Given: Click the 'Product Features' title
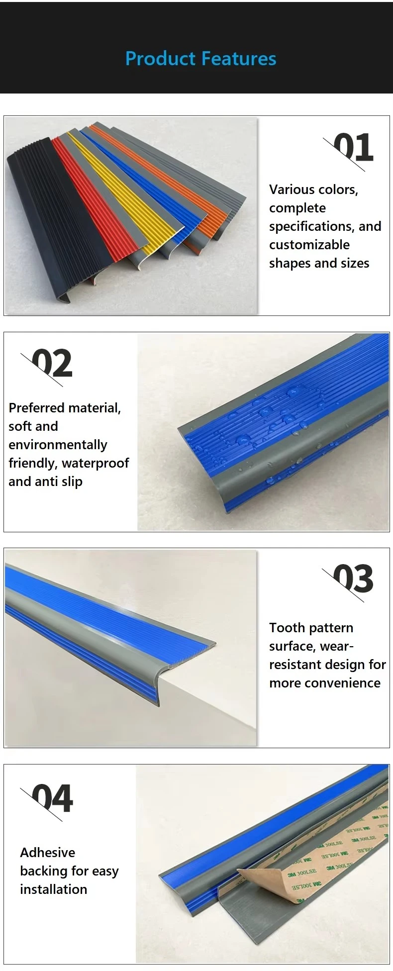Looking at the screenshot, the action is [x=200, y=59].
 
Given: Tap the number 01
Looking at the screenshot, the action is [x=353, y=147].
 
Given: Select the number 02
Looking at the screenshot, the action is [x=52, y=363].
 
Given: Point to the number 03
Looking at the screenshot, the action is [x=353, y=579].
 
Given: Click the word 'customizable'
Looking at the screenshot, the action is [x=309, y=245].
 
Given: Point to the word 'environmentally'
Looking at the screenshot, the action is [x=58, y=445].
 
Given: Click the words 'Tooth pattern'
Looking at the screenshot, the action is [x=311, y=628].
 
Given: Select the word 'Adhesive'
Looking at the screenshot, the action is [x=48, y=853].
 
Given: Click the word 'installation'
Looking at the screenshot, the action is [x=54, y=889].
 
